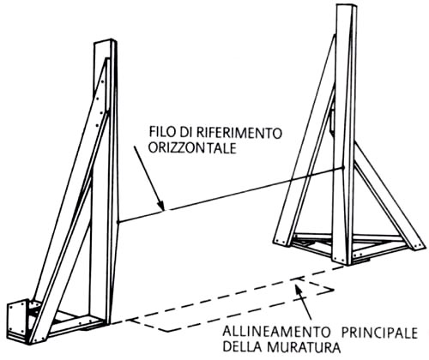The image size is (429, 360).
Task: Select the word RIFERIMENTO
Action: point(240,133)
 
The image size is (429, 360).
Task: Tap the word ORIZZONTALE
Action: point(193,148)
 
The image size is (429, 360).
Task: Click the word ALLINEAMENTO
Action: point(276,333)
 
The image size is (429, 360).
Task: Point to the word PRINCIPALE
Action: point(380,333)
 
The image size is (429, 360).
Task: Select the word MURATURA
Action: point(303,348)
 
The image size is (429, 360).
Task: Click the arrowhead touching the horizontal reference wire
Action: point(161,206)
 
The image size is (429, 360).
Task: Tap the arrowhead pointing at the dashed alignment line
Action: point(298,289)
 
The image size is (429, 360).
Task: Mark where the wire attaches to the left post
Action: point(118,222)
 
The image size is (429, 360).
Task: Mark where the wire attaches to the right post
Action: point(344,167)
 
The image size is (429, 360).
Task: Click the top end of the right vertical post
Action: point(347,6)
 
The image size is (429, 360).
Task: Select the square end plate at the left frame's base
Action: point(18,320)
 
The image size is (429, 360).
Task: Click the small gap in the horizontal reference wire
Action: point(168,210)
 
